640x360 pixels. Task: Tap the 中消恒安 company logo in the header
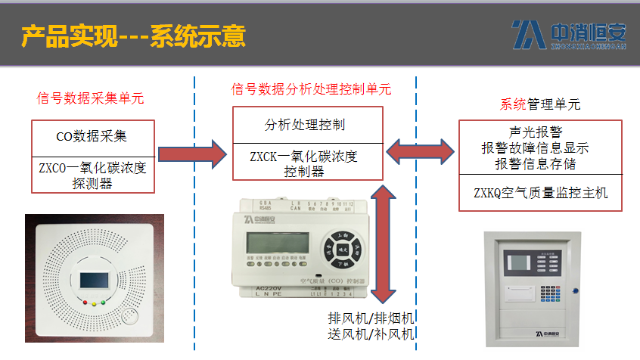click(x=568, y=34)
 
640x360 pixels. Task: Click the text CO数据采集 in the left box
click(x=92, y=137)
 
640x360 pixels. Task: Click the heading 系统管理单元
click(x=540, y=104)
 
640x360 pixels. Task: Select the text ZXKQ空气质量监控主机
click(x=540, y=193)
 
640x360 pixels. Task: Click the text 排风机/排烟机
click(x=371, y=318)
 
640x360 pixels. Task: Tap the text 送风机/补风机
click(x=371, y=334)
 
